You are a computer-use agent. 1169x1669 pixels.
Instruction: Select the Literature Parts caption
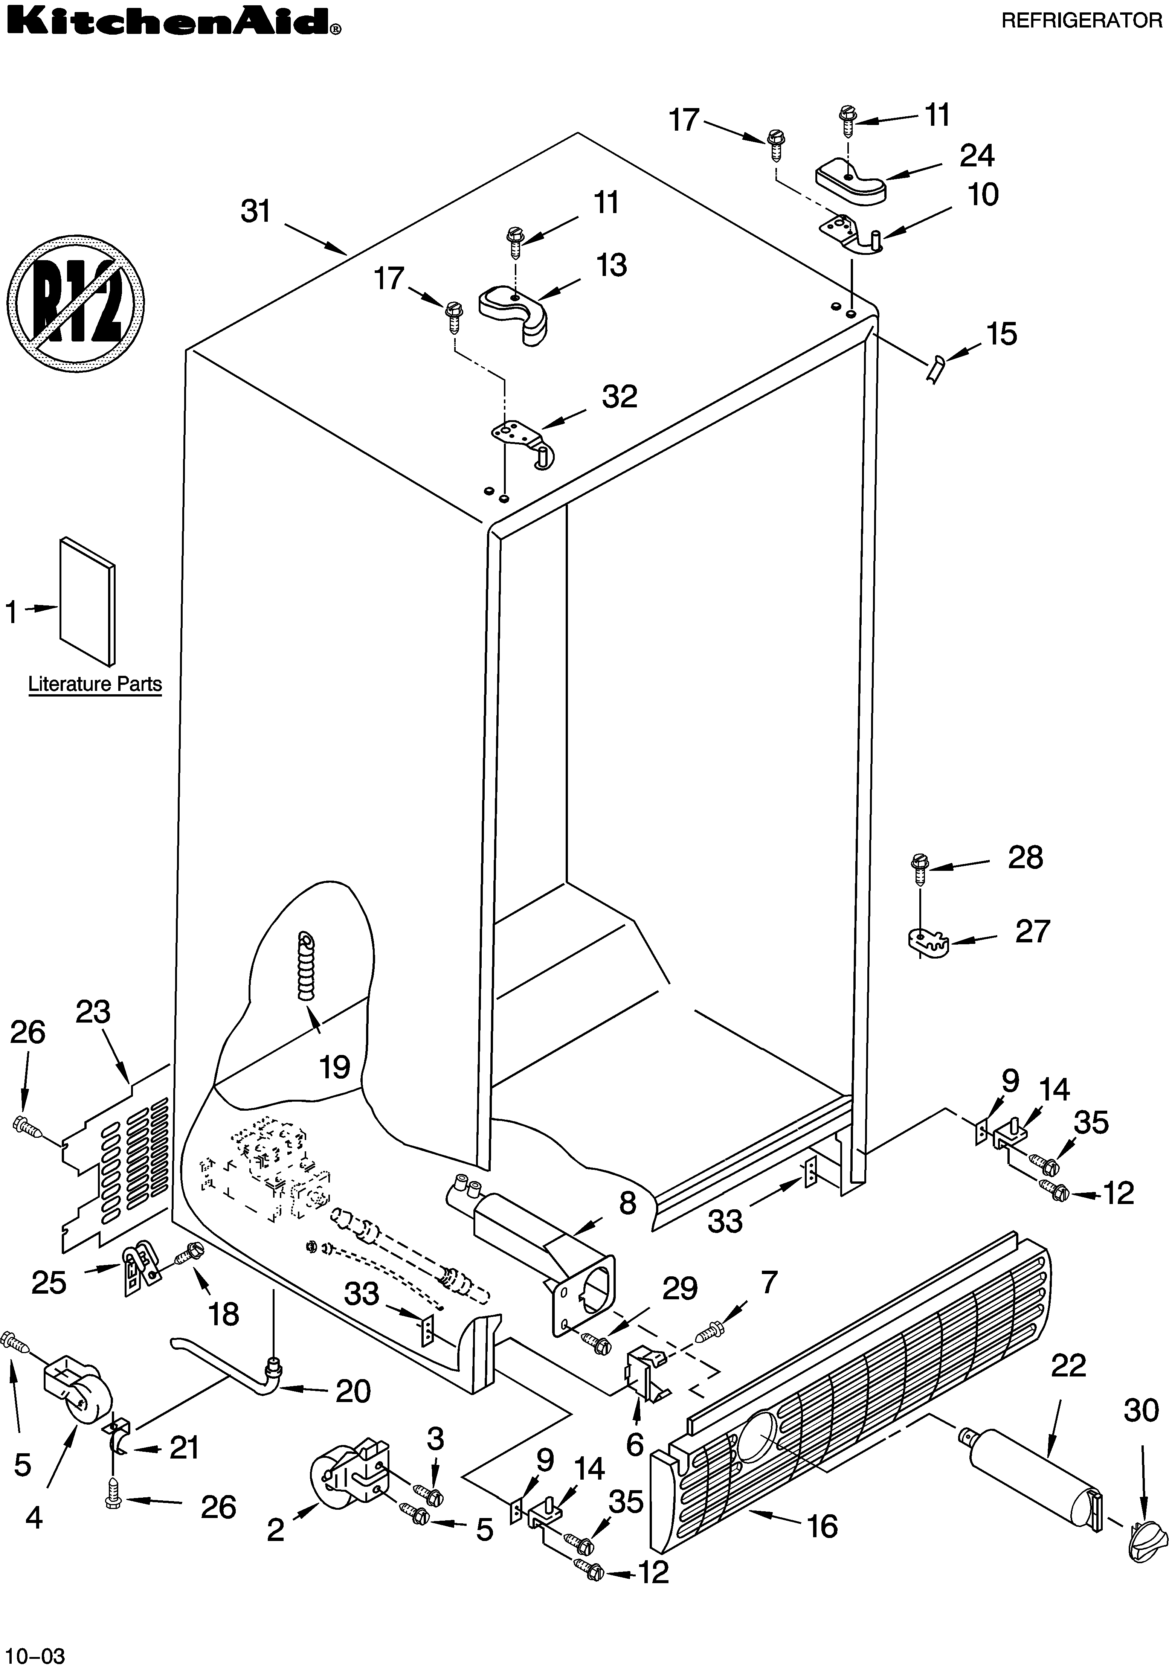95,684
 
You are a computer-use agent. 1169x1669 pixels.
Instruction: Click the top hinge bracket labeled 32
525,441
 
